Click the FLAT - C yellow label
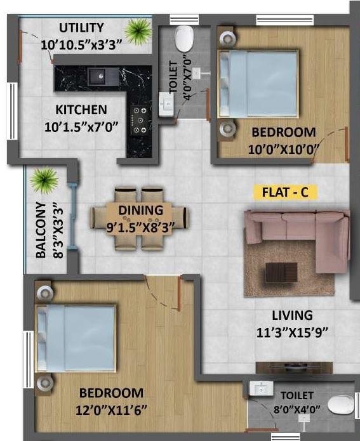point(284,192)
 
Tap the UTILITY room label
point(81,27)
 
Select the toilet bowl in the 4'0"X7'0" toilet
point(185,39)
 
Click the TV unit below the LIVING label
point(294,367)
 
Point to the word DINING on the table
point(141,210)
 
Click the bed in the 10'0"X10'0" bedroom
point(258,88)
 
